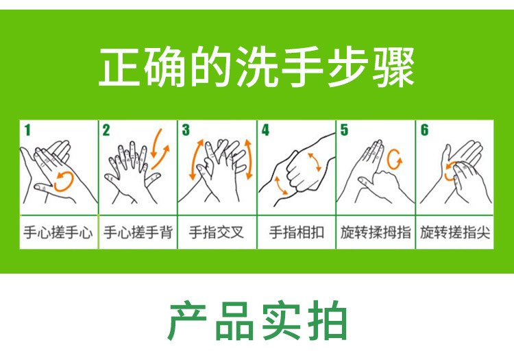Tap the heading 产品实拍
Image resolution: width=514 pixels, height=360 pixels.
pos(257,320)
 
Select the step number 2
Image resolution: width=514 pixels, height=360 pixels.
pos(106,130)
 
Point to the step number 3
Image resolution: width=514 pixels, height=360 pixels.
pos(186,130)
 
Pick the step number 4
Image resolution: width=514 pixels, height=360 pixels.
pos(265,130)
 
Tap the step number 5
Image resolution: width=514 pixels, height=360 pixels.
pos(344,130)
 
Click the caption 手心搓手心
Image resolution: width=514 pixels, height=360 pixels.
pos(58,232)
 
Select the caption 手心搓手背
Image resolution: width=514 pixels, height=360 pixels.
pos(138,232)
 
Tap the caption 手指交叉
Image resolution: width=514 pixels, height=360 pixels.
pos(217,232)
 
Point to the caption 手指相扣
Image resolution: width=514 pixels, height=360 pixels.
pos(296,232)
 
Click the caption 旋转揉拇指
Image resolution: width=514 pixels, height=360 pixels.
pos(376,232)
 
